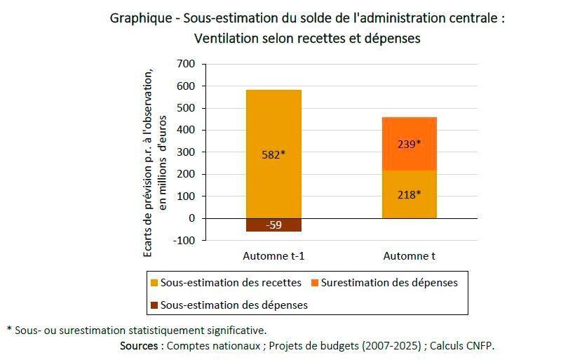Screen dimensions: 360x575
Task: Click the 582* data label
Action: [x=273, y=154]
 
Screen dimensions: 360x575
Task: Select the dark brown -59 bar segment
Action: [x=273, y=225]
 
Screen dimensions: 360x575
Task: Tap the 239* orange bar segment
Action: [x=410, y=144]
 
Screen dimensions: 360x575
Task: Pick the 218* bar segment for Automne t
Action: [x=410, y=194]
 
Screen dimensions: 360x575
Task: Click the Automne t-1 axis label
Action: [x=273, y=255]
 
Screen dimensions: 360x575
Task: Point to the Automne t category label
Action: [x=410, y=255]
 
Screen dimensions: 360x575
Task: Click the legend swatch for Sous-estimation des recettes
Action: [x=154, y=283]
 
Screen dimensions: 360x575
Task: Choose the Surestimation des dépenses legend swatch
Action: [x=315, y=283]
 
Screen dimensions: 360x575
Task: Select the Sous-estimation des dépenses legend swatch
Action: [x=154, y=305]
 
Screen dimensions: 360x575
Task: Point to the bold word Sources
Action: [x=140, y=345]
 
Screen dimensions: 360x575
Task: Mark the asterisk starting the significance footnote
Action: [x=9, y=329]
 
